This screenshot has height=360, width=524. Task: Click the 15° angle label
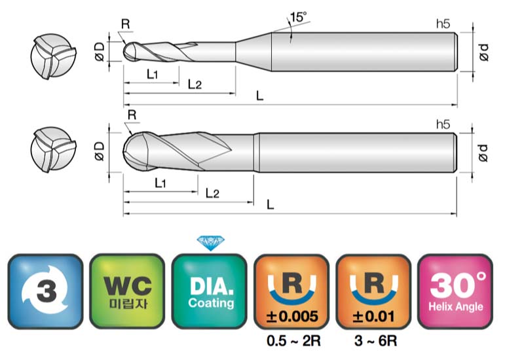pos(298,17)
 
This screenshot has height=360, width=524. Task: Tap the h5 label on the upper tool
pos(443,24)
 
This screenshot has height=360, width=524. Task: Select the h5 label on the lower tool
pos(443,124)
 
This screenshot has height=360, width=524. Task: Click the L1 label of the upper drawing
pos(153,74)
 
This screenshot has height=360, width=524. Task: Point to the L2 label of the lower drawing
pos(212,193)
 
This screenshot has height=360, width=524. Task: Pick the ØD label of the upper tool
pos(100,52)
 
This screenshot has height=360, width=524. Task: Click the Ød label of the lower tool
pos(483,153)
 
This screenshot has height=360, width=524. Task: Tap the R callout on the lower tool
pos(132,115)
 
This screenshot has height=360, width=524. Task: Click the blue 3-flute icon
pos(45,291)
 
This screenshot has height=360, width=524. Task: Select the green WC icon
pos(127,291)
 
